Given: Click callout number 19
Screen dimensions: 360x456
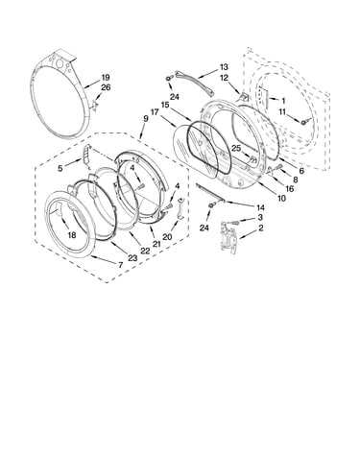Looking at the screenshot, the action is click(x=106, y=78).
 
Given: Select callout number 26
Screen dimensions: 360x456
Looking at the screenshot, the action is click(x=106, y=87).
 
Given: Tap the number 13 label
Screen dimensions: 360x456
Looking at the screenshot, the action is click(x=224, y=67).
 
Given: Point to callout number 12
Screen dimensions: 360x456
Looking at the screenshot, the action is click(x=224, y=78).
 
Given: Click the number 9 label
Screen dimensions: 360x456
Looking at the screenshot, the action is click(x=146, y=119).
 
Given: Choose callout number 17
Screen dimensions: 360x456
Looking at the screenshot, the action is click(x=155, y=112).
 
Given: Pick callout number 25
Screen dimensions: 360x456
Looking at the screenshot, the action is click(x=236, y=148).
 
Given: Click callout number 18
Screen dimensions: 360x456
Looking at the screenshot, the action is click(x=72, y=235).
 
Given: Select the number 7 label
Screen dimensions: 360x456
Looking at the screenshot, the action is click(x=120, y=265).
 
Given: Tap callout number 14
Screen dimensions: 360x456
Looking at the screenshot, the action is click(x=260, y=208).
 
